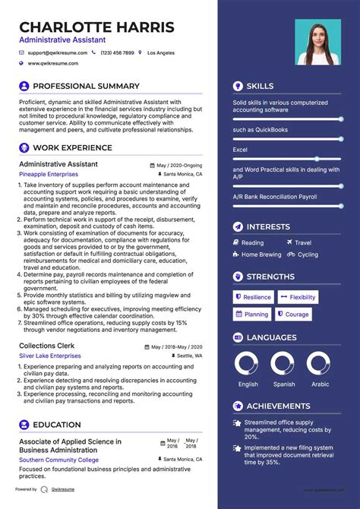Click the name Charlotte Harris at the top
(96, 27)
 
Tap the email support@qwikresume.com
(57, 53)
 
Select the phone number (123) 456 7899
(117, 53)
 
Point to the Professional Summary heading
(86, 87)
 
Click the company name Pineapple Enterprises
(49, 174)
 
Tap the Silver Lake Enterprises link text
(50, 356)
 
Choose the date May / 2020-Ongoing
(180, 165)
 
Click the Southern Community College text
(59, 460)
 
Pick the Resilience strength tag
(254, 297)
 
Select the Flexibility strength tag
(298, 297)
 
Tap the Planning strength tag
(252, 314)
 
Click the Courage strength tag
(293, 314)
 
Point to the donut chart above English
(248, 364)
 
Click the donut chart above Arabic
(321, 364)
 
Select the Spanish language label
(284, 384)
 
